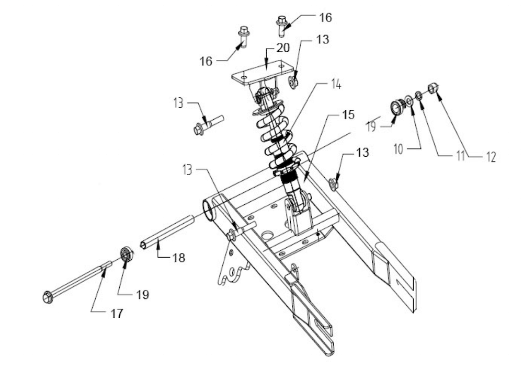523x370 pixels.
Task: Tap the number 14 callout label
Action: [x=336, y=84]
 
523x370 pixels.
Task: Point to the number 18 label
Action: [x=179, y=258]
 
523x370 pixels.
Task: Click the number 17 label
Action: [x=116, y=314]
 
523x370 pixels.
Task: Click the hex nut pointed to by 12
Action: [x=433, y=88]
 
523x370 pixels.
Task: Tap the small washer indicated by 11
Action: [x=419, y=95]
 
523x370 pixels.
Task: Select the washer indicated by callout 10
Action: [x=409, y=100]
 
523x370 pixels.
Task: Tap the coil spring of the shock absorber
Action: [x=277, y=136]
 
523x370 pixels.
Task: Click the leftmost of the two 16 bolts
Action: [x=244, y=36]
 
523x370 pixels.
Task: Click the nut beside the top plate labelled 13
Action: [x=293, y=82]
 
